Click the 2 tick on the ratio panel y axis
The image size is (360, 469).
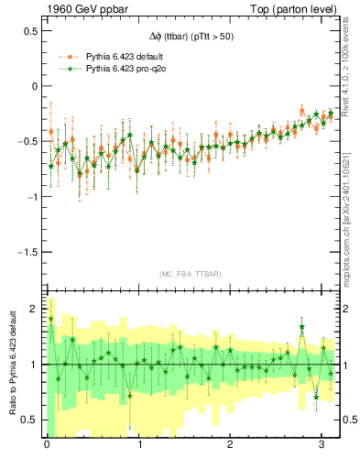click(x=35, y=310)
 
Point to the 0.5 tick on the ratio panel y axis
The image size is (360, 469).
click(x=30, y=420)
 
